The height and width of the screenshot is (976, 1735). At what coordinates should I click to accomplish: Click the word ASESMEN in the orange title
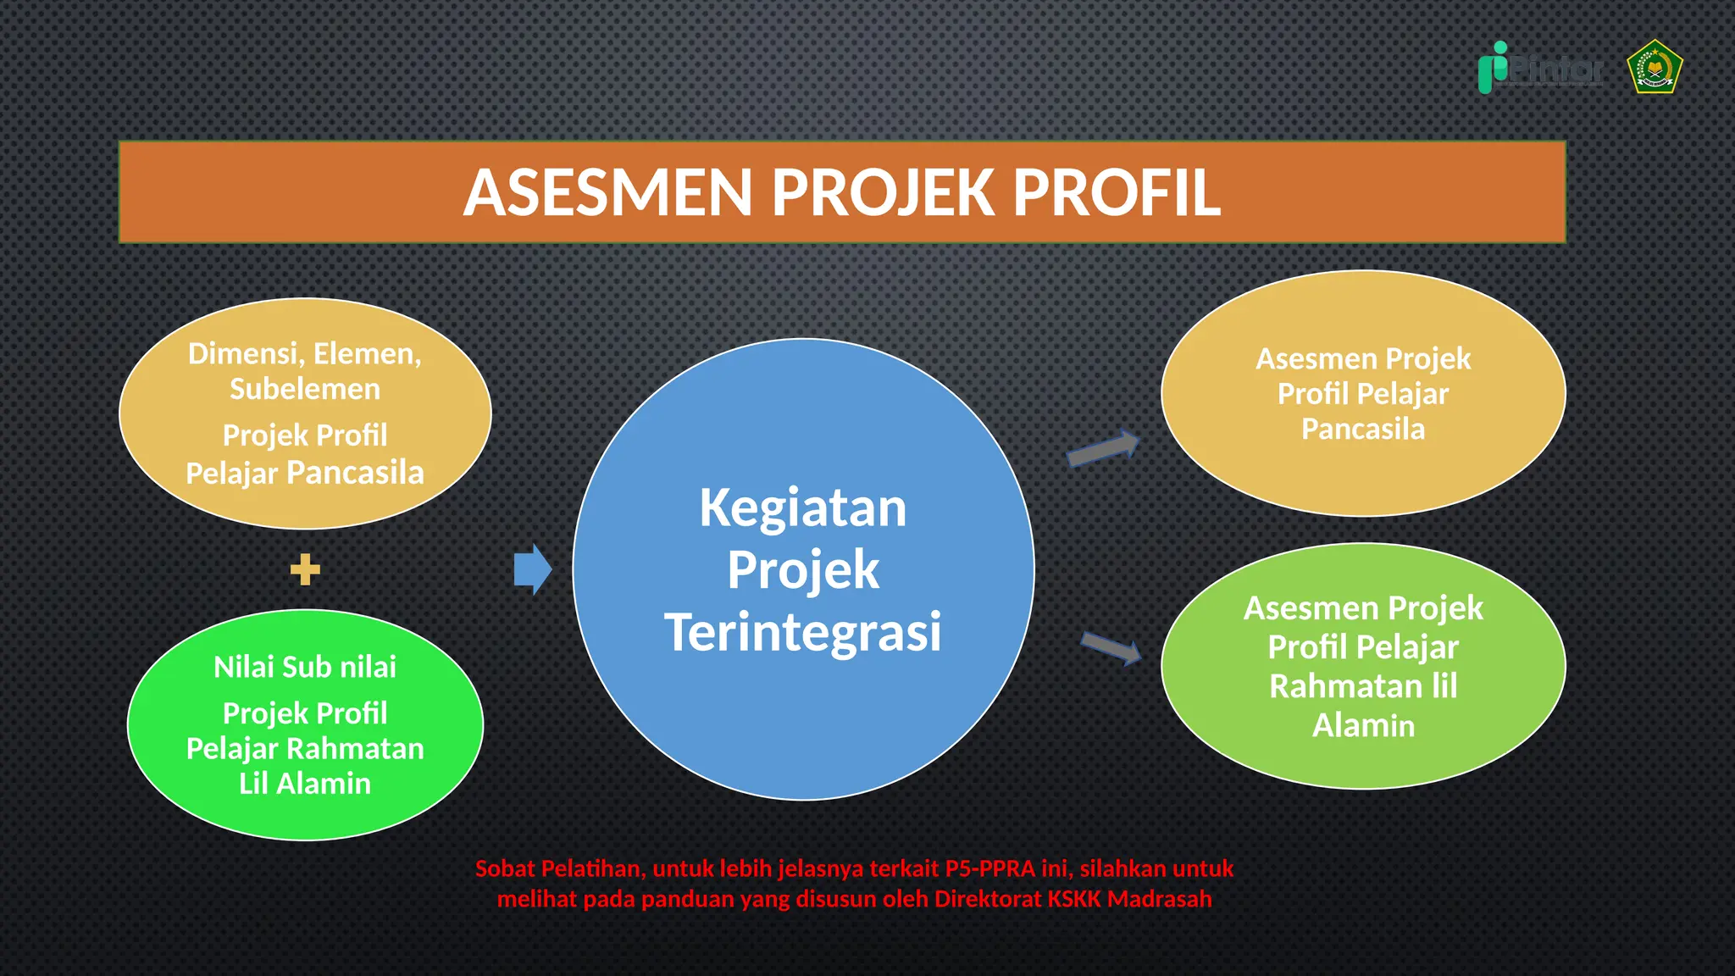pos(607,193)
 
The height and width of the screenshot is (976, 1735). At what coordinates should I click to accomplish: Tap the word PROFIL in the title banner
pos(1117,193)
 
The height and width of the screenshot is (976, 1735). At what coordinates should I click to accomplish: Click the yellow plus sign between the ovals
pos(305,569)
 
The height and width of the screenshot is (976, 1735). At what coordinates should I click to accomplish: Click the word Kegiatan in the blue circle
pos(802,508)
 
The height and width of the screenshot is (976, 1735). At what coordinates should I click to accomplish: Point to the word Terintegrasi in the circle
pos(802,632)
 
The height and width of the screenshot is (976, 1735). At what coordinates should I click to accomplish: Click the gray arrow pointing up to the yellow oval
pos(1103,448)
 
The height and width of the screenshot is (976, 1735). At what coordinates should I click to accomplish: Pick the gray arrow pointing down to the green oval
pos(1111,648)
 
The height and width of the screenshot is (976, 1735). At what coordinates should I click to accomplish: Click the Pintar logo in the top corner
pos(1541,69)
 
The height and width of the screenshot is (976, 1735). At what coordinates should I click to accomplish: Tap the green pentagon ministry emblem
pos(1655,67)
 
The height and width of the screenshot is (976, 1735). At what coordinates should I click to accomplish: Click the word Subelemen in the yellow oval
pos(305,389)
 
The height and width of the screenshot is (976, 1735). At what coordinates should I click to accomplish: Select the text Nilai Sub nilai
pos(305,667)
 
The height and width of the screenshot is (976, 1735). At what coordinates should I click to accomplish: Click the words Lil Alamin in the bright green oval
pos(305,784)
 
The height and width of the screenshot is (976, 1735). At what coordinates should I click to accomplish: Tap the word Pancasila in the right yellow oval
pos(1363,430)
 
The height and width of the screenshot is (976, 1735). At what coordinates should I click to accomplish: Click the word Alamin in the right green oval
pos(1363,726)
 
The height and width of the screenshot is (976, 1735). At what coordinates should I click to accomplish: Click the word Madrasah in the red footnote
pos(1160,899)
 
